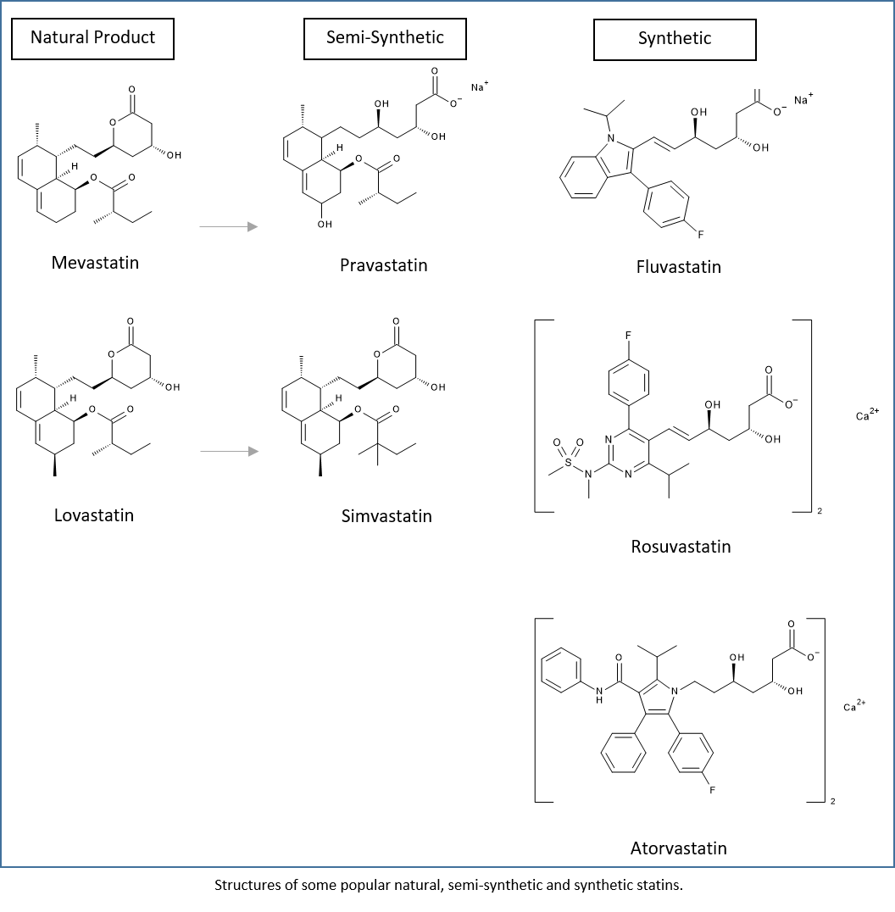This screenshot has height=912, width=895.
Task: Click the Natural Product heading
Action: click(x=92, y=38)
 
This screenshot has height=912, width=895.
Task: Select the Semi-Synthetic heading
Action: click(x=385, y=38)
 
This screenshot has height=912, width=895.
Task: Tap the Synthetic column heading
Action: click(x=675, y=39)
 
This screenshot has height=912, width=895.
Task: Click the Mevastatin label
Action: click(x=95, y=263)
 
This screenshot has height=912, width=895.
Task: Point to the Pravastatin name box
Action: click(x=383, y=265)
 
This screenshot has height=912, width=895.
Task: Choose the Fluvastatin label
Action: click(x=678, y=267)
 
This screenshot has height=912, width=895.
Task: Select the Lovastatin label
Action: click(x=94, y=515)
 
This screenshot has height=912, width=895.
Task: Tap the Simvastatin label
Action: click(x=386, y=516)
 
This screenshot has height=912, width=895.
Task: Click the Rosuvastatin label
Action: click(x=681, y=547)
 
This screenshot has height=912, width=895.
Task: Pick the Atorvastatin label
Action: click(x=678, y=848)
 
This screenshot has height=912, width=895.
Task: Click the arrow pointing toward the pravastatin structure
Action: click(x=228, y=226)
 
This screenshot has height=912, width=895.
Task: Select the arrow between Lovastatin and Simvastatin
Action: click(x=229, y=452)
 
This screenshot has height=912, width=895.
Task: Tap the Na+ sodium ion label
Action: click(x=480, y=86)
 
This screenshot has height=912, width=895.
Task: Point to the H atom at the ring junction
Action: click(x=339, y=148)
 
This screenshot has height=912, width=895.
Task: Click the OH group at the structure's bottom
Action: click(x=325, y=225)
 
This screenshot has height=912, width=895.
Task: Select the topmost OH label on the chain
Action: click(x=381, y=103)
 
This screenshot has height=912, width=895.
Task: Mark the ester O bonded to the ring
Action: click(x=359, y=158)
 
